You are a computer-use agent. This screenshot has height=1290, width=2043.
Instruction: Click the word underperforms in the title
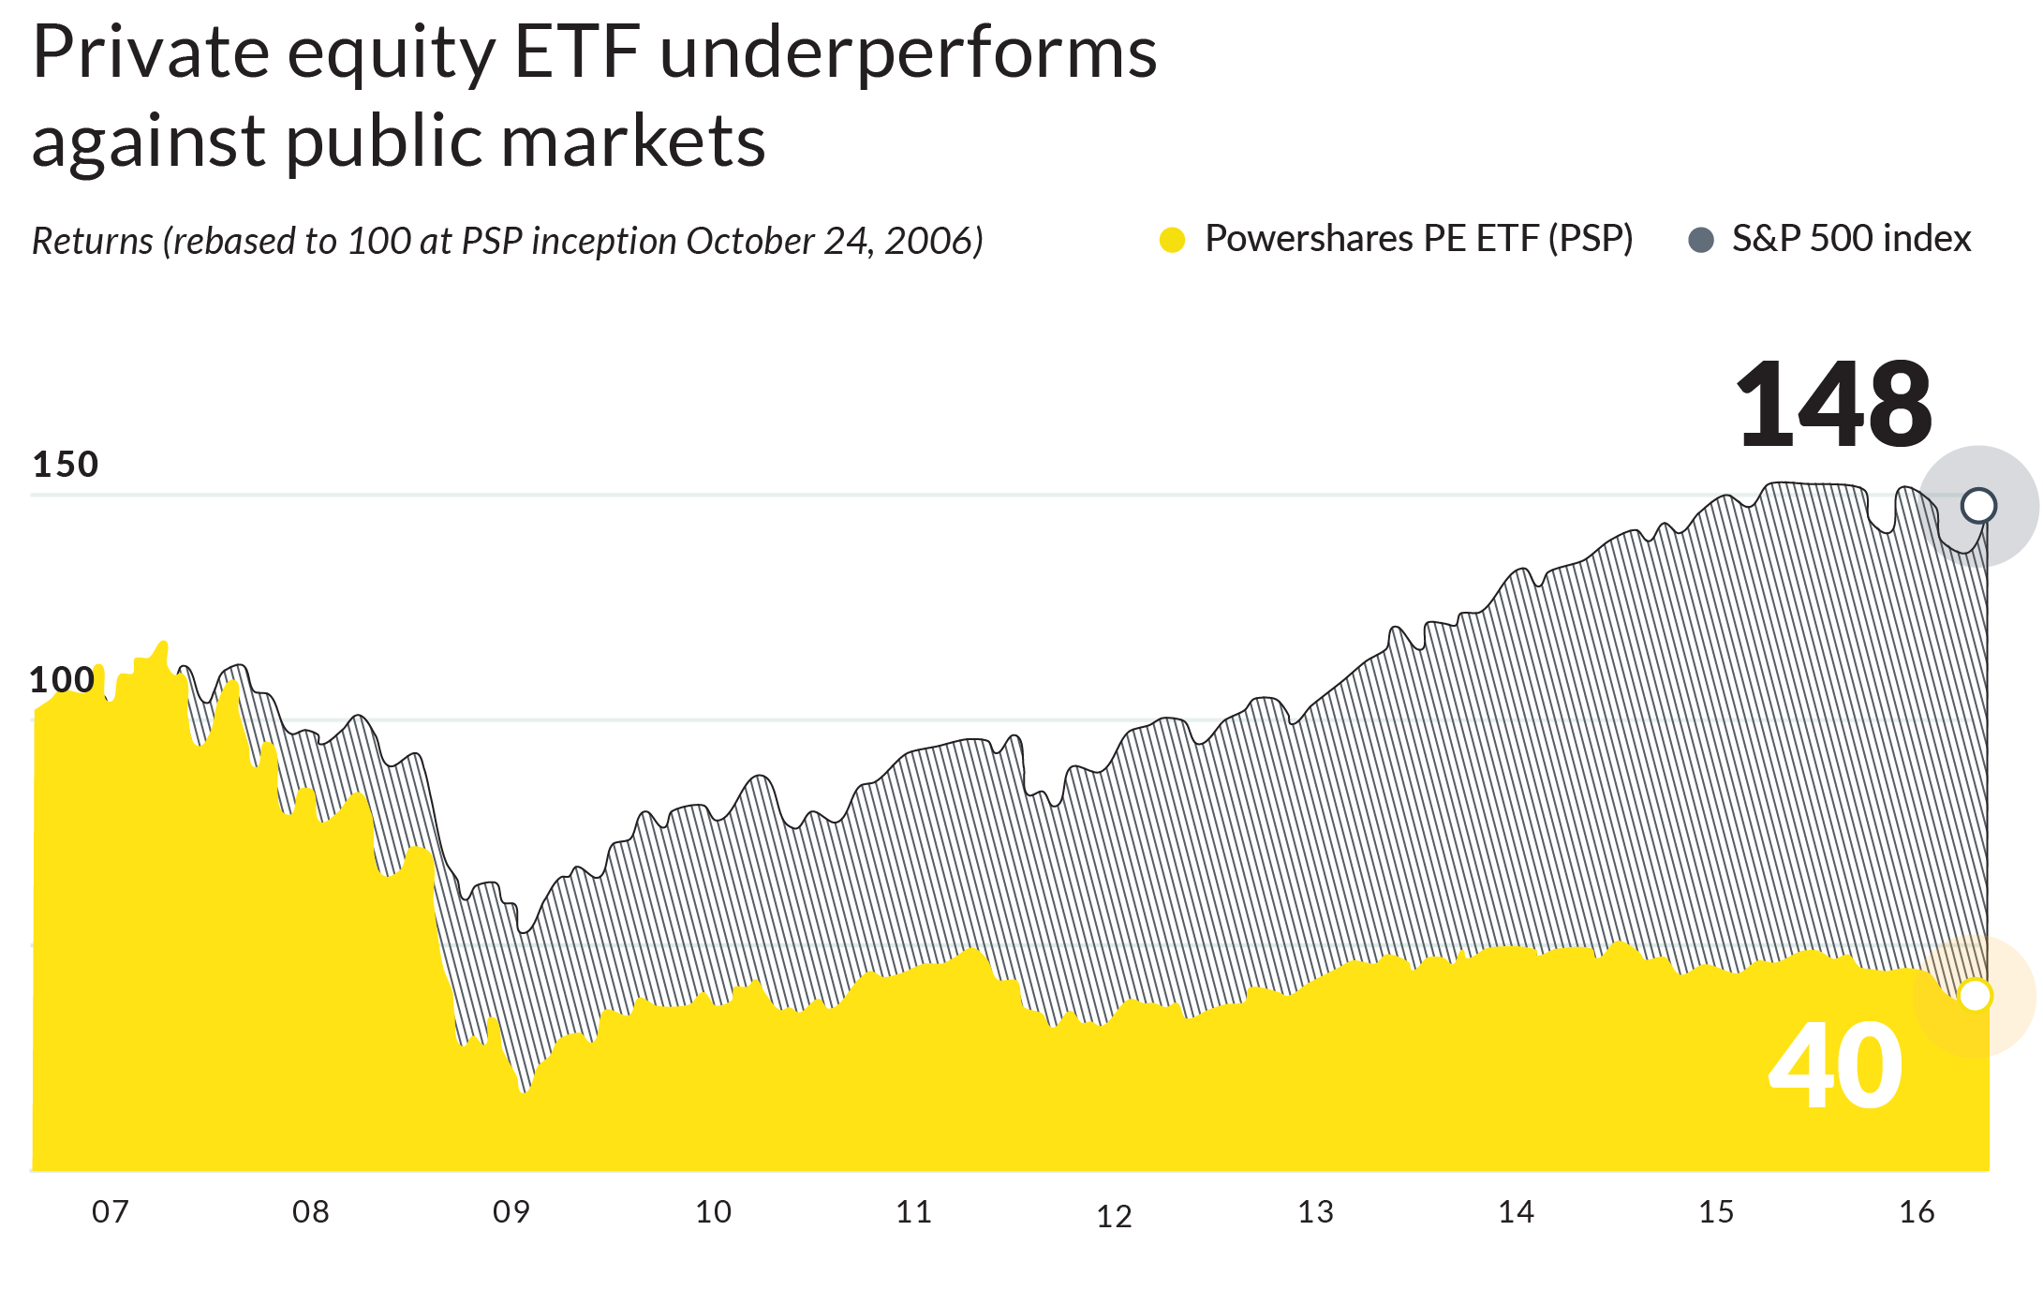click(909, 53)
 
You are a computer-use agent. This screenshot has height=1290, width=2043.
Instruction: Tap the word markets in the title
click(633, 142)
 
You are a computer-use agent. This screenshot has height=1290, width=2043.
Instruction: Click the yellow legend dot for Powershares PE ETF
click(1172, 241)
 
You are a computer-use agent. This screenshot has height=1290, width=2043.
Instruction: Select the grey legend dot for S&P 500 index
click(1700, 241)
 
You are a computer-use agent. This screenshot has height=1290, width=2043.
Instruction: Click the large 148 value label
click(1832, 405)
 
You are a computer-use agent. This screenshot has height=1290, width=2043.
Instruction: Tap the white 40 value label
click(1835, 1067)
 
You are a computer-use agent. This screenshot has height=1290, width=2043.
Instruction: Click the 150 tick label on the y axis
click(65, 465)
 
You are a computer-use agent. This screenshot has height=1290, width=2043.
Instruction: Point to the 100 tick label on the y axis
click(62, 680)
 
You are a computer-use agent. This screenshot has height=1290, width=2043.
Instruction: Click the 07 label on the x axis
click(110, 1212)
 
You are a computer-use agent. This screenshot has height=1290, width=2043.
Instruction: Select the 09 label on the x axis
click(511, 1212)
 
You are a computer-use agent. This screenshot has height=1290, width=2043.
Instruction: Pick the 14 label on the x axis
click(1516, 1212)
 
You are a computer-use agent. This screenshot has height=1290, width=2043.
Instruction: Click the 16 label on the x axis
click(1917, 1212)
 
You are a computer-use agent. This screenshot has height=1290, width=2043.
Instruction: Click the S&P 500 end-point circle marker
click(1978, 506)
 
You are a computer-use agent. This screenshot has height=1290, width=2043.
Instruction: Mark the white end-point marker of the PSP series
click(1975, 995)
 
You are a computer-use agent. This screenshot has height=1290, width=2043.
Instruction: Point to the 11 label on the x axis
click(913, 1212)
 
